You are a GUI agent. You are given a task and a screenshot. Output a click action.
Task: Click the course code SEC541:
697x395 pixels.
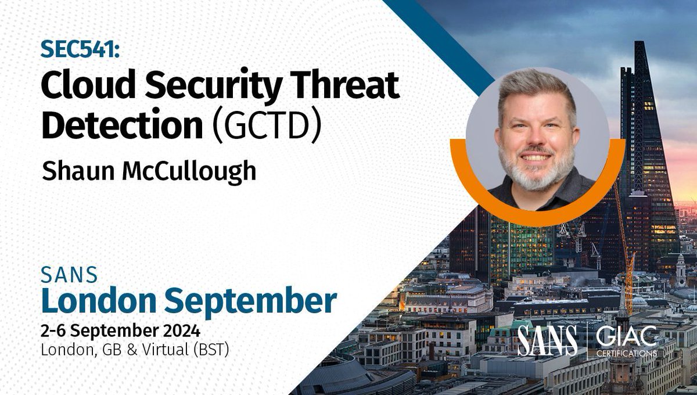[x=80, y=51]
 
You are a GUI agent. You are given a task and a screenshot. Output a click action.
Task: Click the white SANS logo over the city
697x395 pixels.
[x=547, y=340]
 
